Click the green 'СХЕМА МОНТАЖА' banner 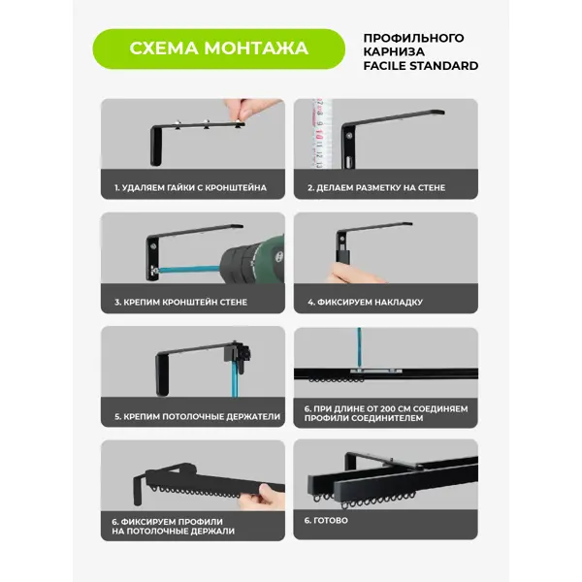(x=218, y=48)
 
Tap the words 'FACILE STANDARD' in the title (x=421, y=66)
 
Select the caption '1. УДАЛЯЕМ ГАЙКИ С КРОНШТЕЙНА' (x=190, y=188)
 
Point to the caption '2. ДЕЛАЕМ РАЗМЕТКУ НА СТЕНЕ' (x=376, y=188)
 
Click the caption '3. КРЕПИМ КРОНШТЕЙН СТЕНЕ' (x=180, y=302)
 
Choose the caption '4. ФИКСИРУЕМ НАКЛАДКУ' (x=366, y=302)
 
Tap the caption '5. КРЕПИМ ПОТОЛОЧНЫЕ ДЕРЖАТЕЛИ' (x=198, y=416)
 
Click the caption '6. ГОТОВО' (x=326, y=520)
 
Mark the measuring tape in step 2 (x=319, y=134)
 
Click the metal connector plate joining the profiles (x=376, y=371)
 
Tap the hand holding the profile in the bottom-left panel (x=262, y=497)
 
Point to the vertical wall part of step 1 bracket (x=156, y=145)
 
